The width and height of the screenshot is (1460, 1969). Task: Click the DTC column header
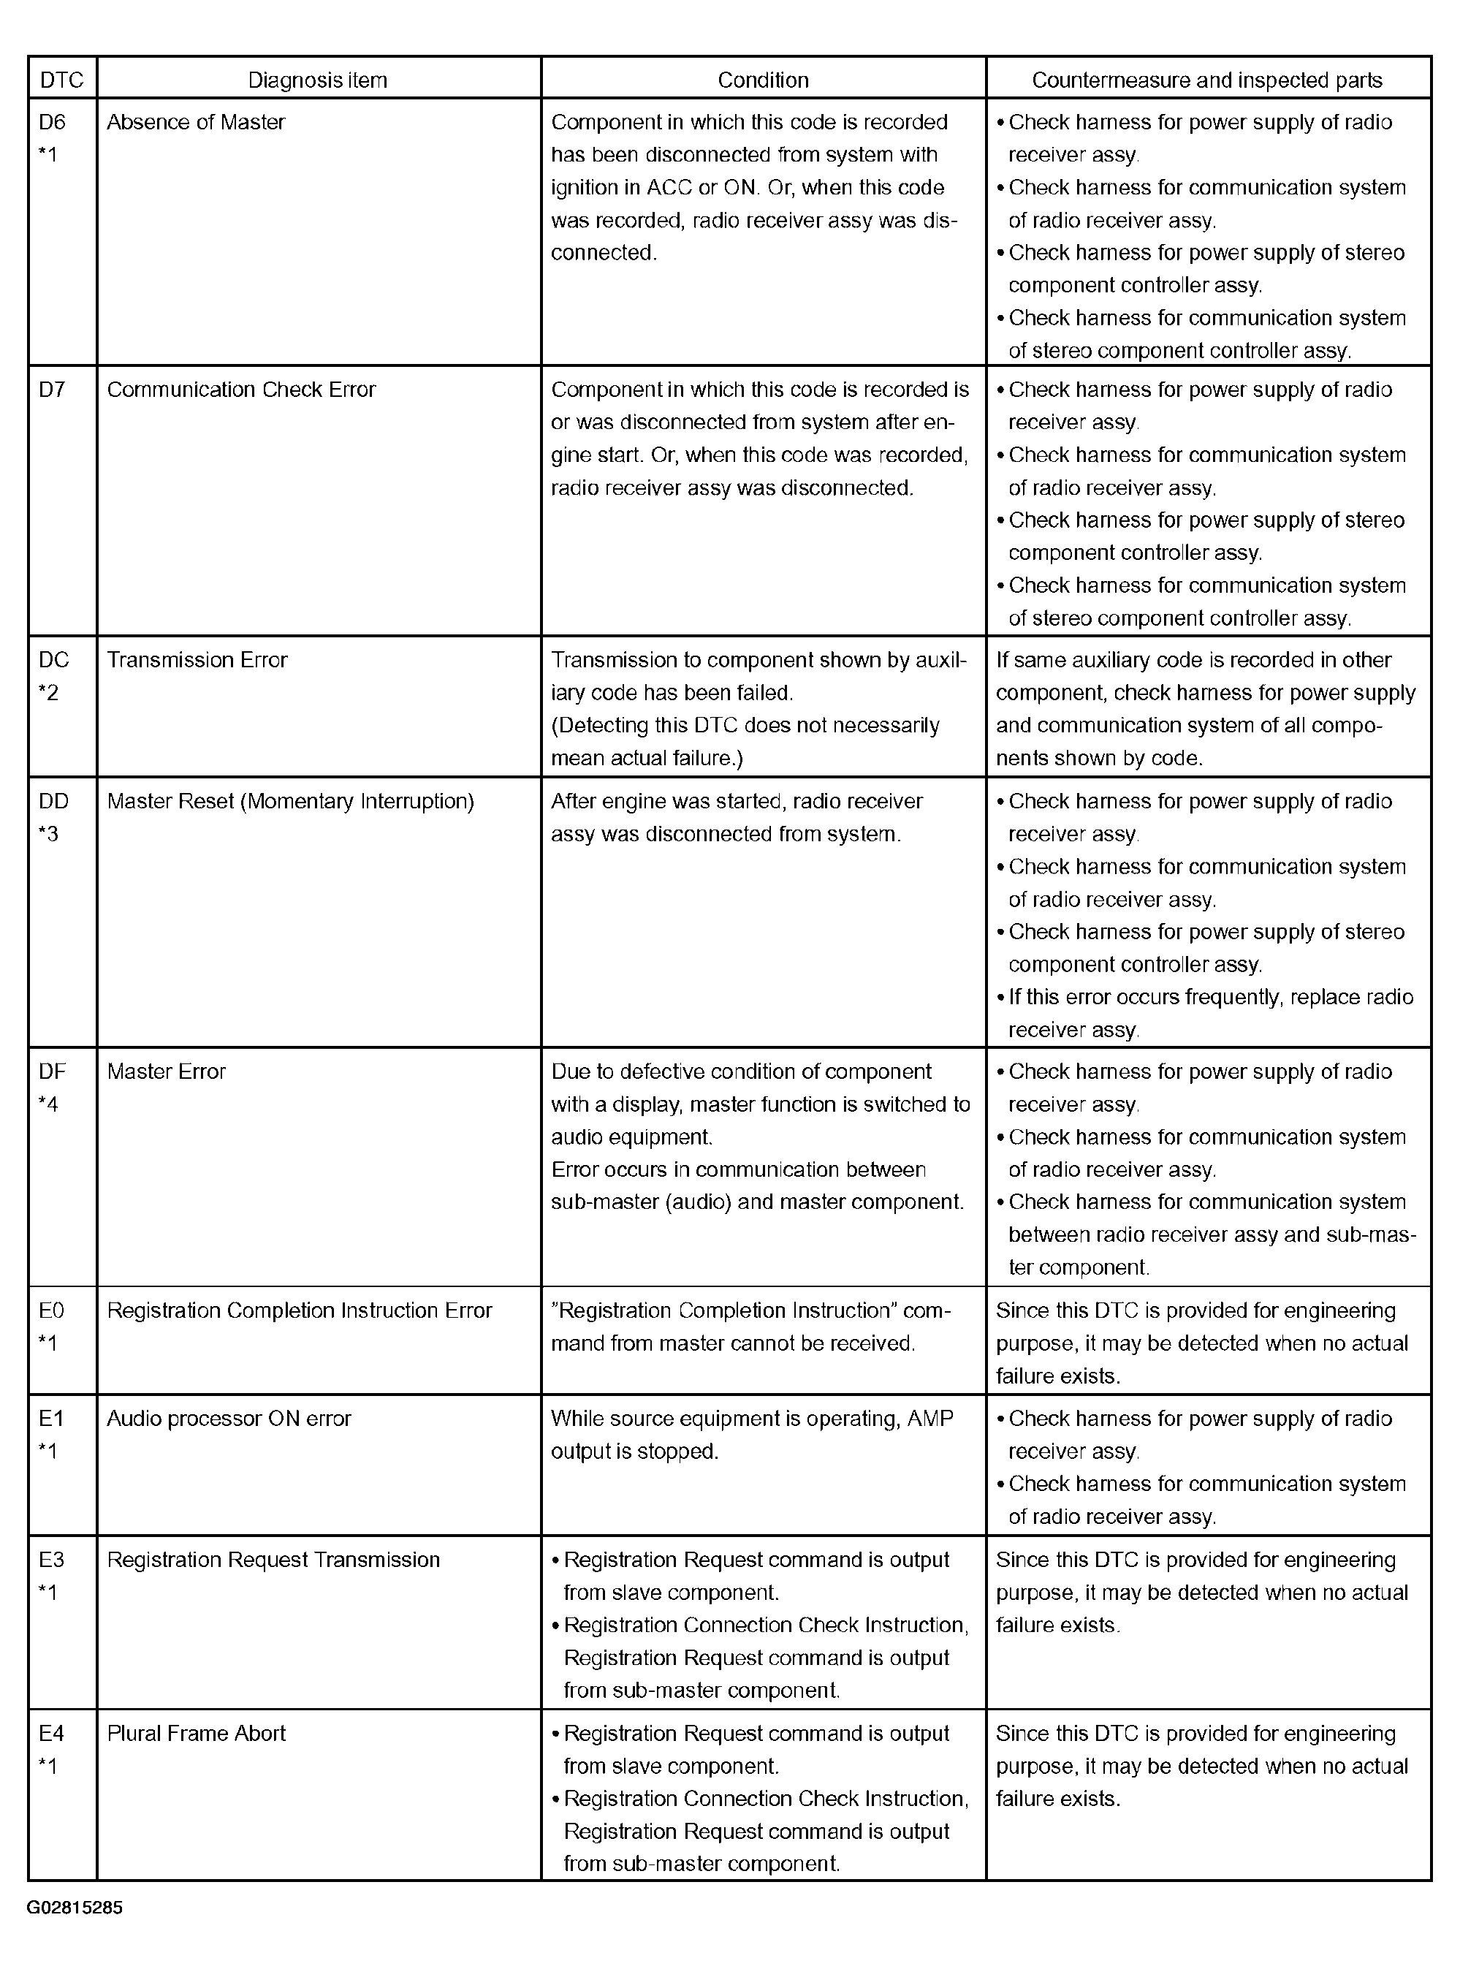[x=62, y=80]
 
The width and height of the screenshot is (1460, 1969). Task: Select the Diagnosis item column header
[x=317, y=80]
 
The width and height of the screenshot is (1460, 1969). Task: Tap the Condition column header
[x=763, y=80]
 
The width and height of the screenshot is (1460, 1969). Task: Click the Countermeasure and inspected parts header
[x=1206, y=80]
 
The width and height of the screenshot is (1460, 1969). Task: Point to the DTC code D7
[x=52, y=390]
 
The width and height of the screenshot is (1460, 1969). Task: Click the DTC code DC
[x=54, y=660]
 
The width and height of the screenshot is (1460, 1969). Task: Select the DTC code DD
[x=54, y=802]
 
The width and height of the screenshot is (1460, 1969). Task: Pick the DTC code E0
[x=52, y=1310]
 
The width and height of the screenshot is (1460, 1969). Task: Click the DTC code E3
[x=52, y=1560]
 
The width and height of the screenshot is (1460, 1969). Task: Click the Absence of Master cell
[x=196, y=122]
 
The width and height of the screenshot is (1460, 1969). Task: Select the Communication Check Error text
[x=241, y=390]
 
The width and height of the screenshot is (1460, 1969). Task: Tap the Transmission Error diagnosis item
[x=197, y=660]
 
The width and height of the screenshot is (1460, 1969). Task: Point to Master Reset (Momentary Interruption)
[x=291, y=802]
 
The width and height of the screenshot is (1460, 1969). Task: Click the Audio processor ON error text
[x=229, y=1419]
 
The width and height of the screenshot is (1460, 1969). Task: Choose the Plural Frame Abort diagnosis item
[x=196, y=1733]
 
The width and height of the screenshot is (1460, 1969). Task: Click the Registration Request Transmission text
[x=273, y=1560]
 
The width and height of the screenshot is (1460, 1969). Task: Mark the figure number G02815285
[x=75, y=1907]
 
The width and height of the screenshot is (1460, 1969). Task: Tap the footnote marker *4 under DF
[x=49, y=1104]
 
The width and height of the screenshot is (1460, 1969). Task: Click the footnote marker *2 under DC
[x=49, y=693]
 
